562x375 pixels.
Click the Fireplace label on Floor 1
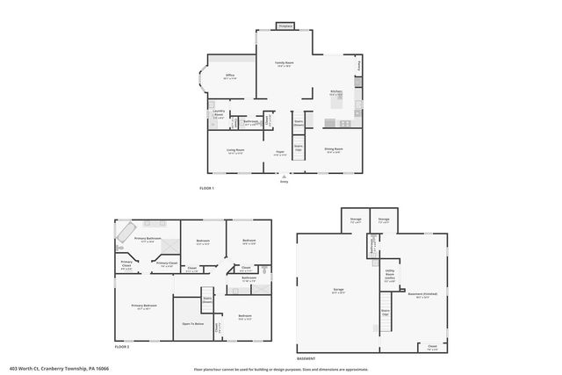pos(284,26)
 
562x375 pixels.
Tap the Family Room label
pos(284,64)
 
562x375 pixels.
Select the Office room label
pos(230,77)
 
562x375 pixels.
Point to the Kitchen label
pos(335,91)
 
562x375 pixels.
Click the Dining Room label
pos(333,150)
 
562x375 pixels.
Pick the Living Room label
pos(235,151)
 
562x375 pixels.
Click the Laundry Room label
pos(219,115)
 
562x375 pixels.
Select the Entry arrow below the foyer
pos(284,177)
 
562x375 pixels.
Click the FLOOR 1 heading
pos(206,189)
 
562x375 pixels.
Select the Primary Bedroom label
pos(144,306)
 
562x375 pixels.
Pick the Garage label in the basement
pos(338,291)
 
